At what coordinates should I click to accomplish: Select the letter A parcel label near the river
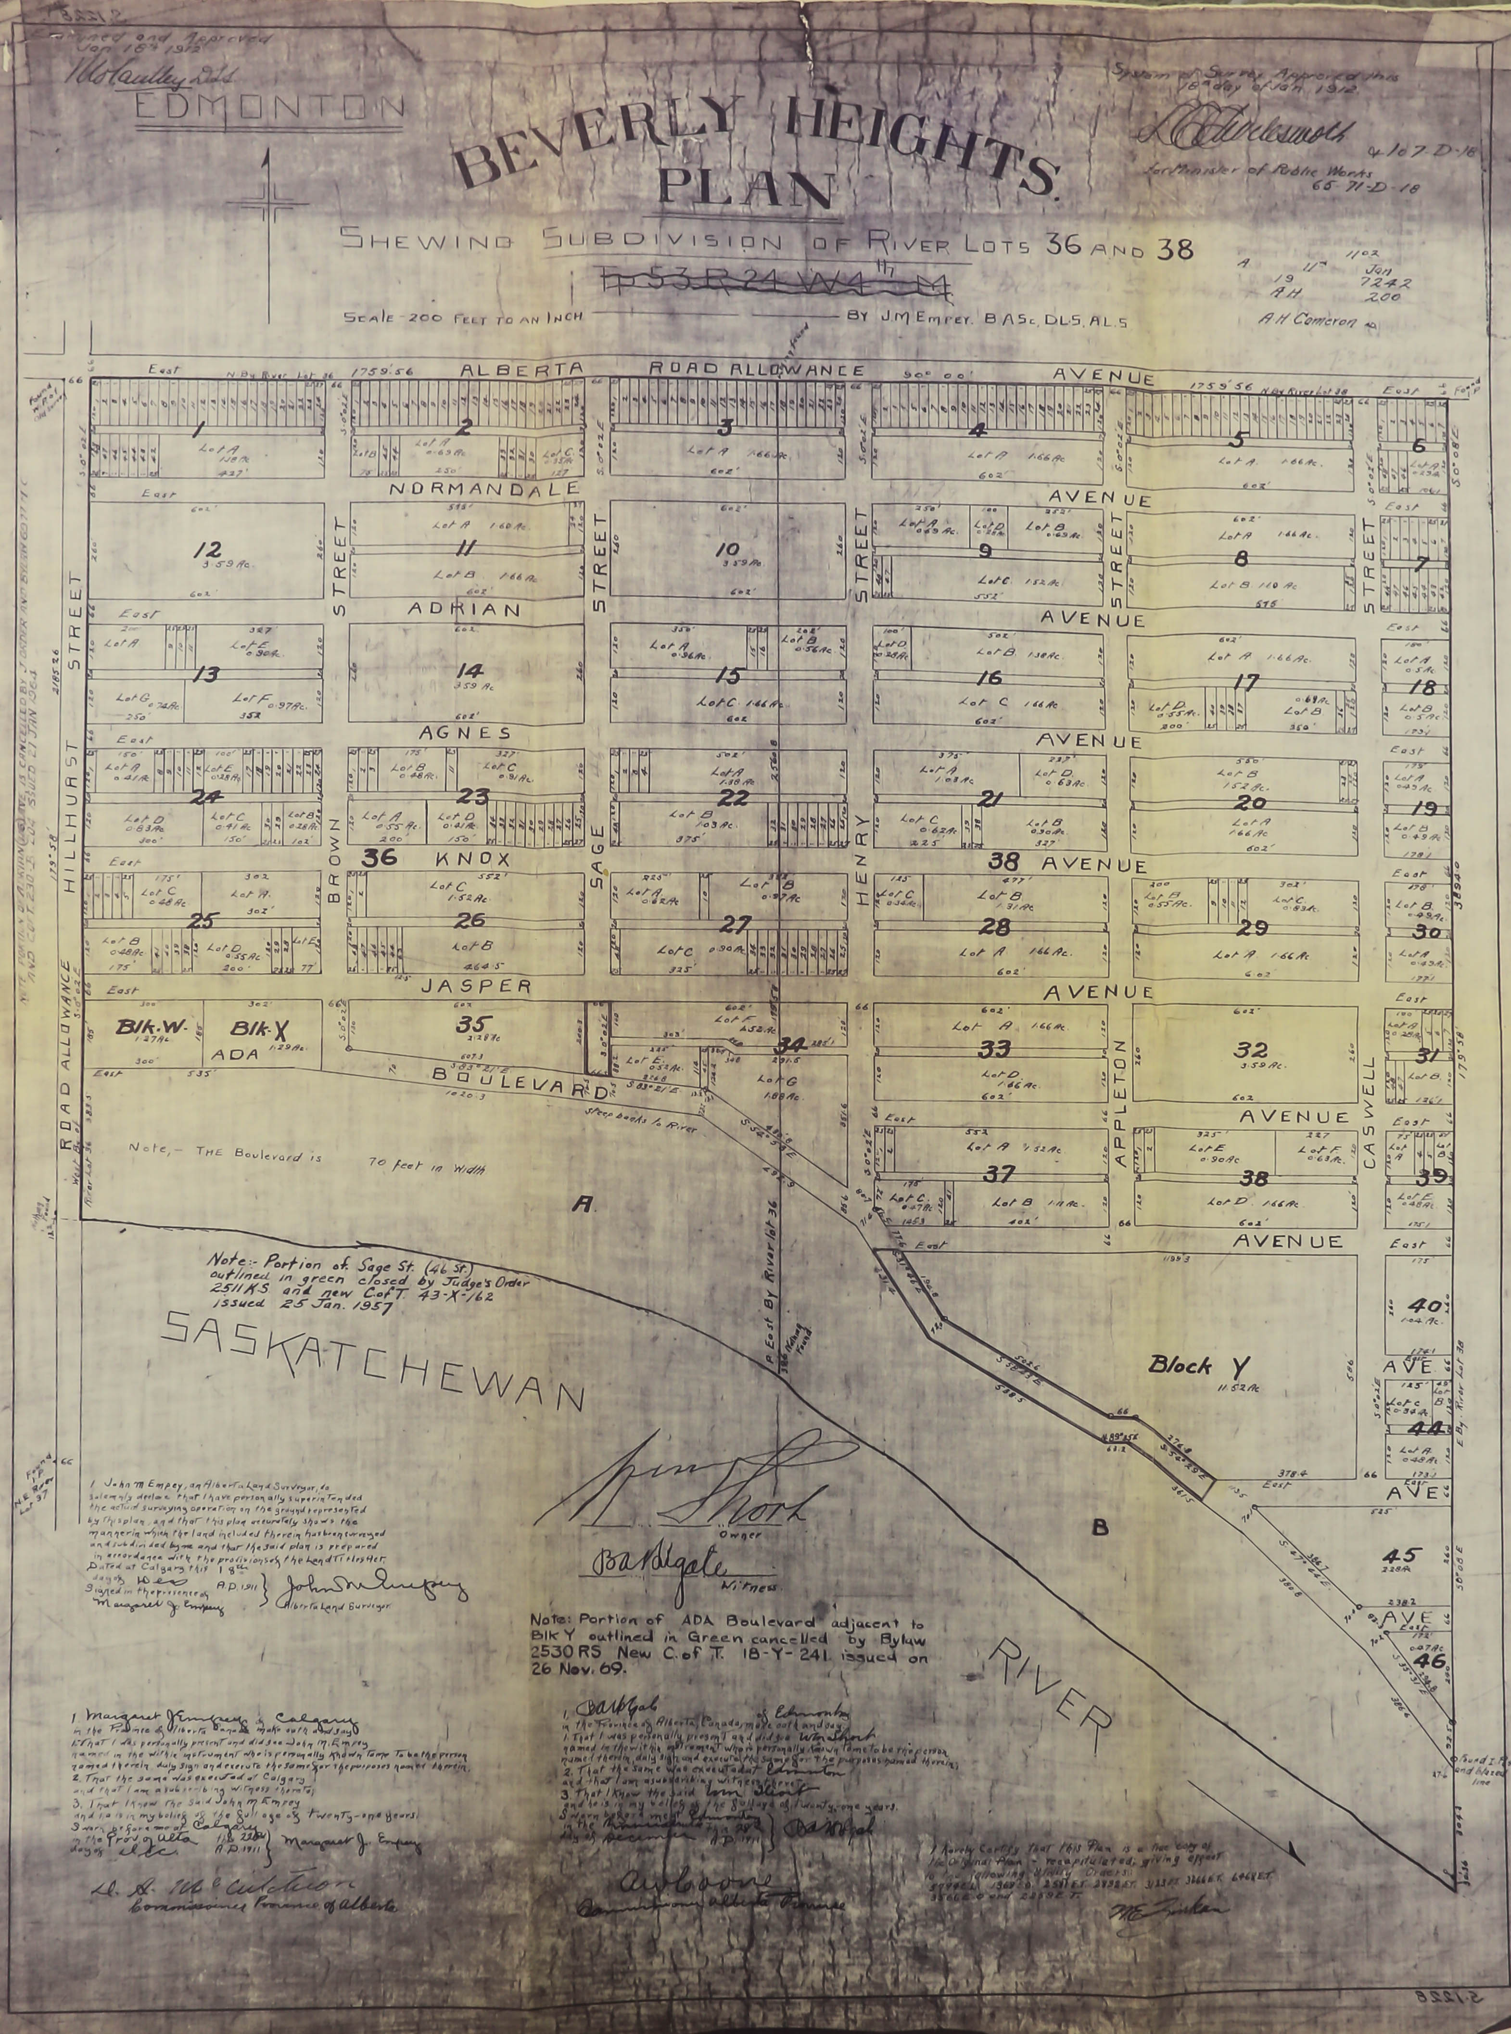579,1207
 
